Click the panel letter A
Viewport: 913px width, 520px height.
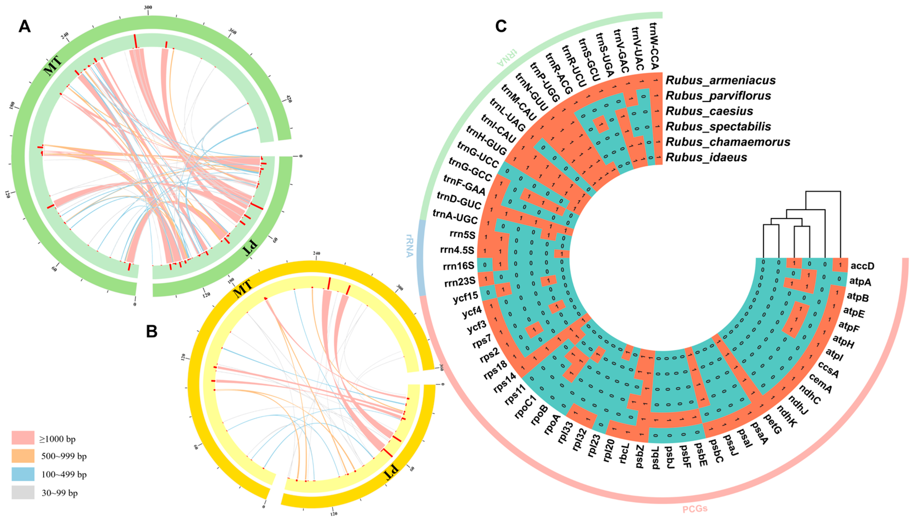[x=24, y=26]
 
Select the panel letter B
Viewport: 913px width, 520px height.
[x=152, y=332]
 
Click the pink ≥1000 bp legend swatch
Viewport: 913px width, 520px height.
[x=23, y=438]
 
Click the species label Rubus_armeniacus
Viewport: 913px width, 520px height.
[x=720, y=80]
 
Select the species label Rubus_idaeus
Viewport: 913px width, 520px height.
[x=706, y=157]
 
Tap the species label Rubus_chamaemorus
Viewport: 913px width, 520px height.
[x=728, y=142]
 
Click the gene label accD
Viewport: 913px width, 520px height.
[x=862, y=266]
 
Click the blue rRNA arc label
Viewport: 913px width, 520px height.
[x=409, y=246]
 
